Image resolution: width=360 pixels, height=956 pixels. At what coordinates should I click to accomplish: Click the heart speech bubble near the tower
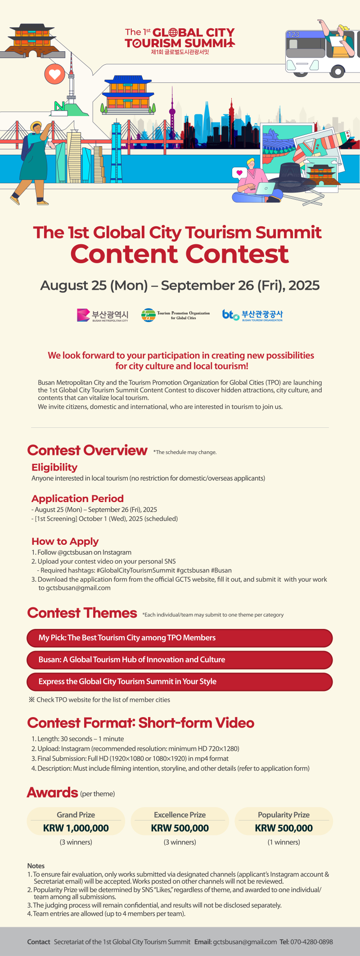pos(55,74)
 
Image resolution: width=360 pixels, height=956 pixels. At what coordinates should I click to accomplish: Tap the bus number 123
pos(293,35)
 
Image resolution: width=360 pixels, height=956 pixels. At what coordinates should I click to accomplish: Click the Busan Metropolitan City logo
pos(103,315)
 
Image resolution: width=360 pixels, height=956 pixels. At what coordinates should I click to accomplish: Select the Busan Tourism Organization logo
pos(252,315)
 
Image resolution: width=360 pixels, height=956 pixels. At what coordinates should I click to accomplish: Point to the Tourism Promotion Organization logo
pos(175,315)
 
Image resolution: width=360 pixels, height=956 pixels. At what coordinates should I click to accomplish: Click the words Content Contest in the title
pos(180,254)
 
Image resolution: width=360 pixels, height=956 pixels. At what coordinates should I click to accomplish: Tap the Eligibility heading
pos(54,467)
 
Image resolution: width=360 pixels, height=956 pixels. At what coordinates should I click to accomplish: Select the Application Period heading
pos(77,498)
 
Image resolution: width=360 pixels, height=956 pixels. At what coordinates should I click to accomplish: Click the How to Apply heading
pos(65,541)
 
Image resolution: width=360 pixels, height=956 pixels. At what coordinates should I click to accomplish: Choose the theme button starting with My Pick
pos(179,638)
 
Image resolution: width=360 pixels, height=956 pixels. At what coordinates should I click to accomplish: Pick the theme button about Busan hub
pos(179,660)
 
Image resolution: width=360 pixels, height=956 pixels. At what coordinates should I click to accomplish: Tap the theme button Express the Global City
pos(179,682)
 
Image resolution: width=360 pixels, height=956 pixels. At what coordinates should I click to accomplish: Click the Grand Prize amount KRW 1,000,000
pos(76,828)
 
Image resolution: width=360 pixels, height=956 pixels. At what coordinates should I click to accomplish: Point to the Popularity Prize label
pos(283,815)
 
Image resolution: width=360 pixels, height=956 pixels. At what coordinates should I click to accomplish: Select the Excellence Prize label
pos(180,815)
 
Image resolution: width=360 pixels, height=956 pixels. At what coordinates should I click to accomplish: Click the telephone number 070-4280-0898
pos(312,942)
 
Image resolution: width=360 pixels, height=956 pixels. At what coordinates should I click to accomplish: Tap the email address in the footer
pos(245,942)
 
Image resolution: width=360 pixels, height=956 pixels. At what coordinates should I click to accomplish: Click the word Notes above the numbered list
pos(36,866)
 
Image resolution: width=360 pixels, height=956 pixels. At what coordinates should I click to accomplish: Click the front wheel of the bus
pos(337,71)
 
